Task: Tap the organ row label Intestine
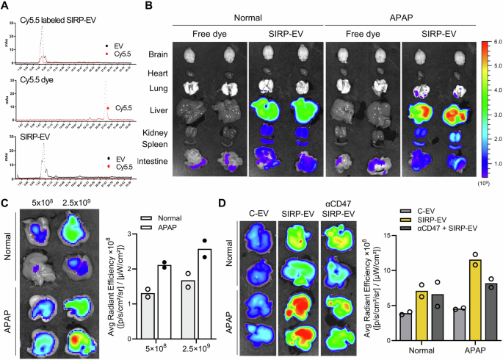pos(152,160)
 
